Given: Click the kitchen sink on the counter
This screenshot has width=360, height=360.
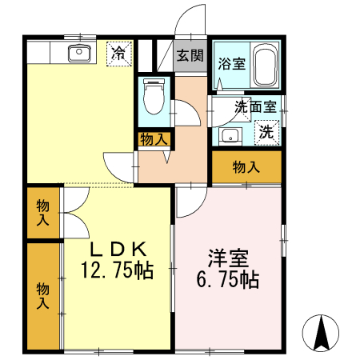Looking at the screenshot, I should (78, 54).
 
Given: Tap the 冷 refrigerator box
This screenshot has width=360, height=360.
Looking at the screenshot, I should (117, 54).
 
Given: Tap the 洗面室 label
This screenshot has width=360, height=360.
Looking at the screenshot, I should (254, 106).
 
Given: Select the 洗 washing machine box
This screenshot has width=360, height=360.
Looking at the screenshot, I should (266, 132).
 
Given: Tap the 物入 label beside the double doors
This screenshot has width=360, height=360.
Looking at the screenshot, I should (42, 213).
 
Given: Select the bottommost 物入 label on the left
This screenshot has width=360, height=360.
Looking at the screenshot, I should (42, 295).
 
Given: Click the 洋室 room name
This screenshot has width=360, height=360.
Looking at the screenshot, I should (229, 259).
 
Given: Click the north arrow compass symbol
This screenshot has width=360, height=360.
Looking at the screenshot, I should (322, 331).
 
